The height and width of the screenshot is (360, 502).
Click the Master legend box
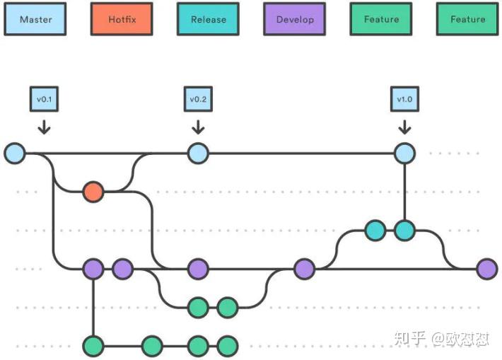click(x=36, y=20)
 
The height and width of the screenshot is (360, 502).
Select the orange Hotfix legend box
click(x=122, y=20)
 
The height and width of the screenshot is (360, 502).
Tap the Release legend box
click(x=209, y=20)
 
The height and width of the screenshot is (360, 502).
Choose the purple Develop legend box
click(x=295, y=20)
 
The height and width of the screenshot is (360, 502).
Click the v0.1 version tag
click(x=44, y=99)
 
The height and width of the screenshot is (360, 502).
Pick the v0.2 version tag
click(x=198, y=99)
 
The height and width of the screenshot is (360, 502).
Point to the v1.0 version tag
click(x=404, y=99)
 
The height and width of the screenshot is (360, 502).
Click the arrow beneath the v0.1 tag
click(x=44, y=127)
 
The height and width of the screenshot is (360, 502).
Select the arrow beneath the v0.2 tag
click(x=198, y=127)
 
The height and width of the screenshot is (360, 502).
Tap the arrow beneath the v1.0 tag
click(x=404, y=127)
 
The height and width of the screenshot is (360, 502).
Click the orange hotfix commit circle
click(x=93, y=192)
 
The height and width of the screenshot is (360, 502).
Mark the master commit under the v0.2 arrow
click(x=198, y=153)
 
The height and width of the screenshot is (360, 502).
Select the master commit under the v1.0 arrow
click(x=404, y=153)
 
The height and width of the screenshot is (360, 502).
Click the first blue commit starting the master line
click(x=14, y=153)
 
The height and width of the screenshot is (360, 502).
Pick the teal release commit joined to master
click(x=404, y=231)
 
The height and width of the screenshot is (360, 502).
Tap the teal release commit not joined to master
click(x=375, y=231)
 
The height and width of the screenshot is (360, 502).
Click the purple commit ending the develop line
click(x=486, y=269)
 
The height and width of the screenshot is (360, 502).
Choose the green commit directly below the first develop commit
click(x=93, y=346)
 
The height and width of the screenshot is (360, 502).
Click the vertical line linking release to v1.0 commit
click(x=404, y=191)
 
